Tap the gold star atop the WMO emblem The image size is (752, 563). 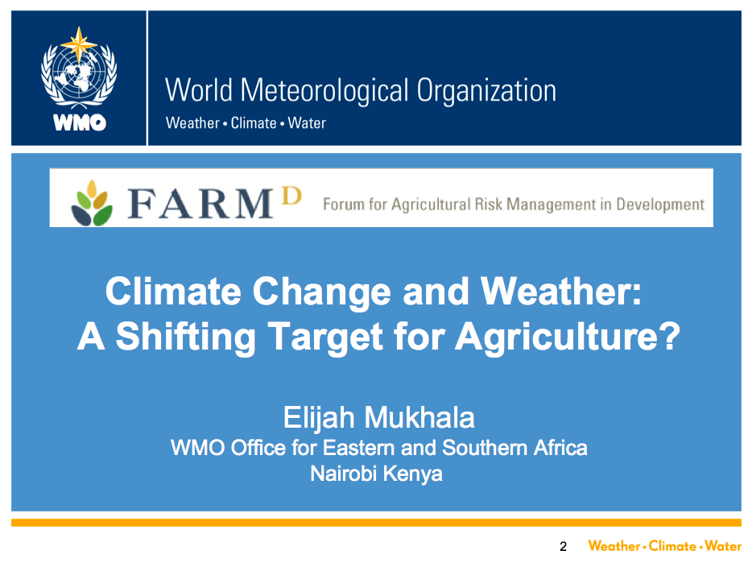[x=79, y=44]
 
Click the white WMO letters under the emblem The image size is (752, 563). [x=80, y=123]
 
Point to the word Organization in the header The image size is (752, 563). [x=486, y=91]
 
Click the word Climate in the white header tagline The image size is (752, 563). [x=254, y=123]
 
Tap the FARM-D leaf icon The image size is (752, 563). [x=92, y=202]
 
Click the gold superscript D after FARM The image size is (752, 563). [x=291, y=196]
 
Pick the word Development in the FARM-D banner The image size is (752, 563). [x=660, y=205]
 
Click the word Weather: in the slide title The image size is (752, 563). [x=560, y=291]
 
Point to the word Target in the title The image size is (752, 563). [x=325, y=337]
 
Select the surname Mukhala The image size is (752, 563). [x=419, y=417]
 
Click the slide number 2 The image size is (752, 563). [x=563, y=546]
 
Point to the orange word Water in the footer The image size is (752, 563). [x=723, y=546]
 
